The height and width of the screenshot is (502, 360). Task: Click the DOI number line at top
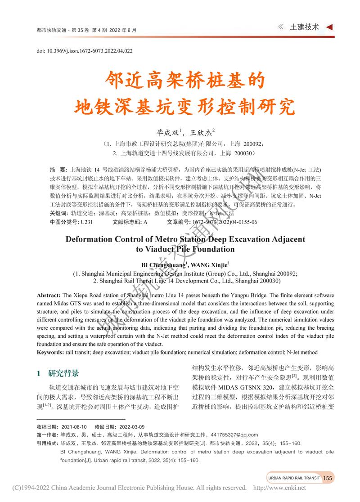(84, 51)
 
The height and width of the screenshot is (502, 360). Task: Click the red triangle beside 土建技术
(329, 27)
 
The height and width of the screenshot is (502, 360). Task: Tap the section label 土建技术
(304, 27)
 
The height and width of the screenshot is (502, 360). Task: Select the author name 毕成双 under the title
(166, 133)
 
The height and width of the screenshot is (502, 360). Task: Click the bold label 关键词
(59, 213)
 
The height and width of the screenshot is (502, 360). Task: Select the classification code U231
(86, 222)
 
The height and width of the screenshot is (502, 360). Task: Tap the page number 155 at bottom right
(328, 478)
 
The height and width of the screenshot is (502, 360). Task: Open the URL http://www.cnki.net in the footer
(279, 488)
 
